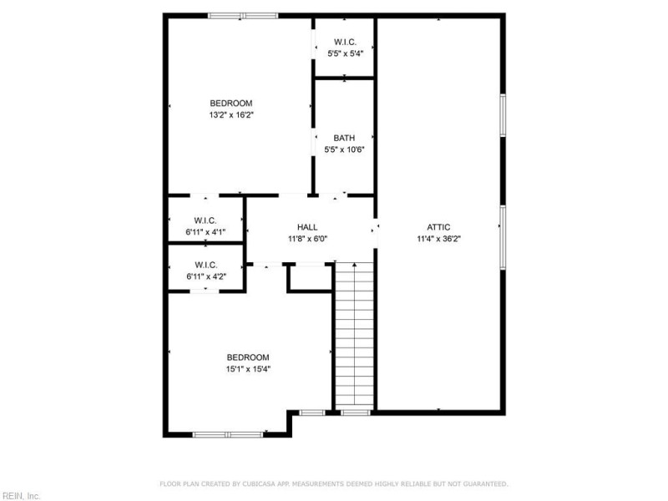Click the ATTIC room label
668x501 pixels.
tap(438, 226)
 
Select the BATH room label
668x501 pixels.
tap(344, 138)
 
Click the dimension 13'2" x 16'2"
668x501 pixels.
tap(230, 114)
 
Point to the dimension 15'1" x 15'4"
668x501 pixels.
tap(248, 368)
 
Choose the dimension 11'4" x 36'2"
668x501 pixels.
tap(438, 238)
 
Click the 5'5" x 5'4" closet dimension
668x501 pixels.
tap(344, 53)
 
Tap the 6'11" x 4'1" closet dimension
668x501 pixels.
tap(205, 232)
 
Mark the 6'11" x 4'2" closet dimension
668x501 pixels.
tap(205, 276)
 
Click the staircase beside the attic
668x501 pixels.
tap(354, 334)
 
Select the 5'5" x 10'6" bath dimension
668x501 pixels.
tap(344, 149)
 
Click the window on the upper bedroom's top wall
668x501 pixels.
tap(243, 15)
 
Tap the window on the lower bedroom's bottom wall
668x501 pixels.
tap(228, 434)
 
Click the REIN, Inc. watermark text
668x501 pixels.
tap(20, 495)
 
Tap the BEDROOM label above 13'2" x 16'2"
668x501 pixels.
tap(230, 103)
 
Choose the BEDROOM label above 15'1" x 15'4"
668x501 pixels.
tap(248, 357)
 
